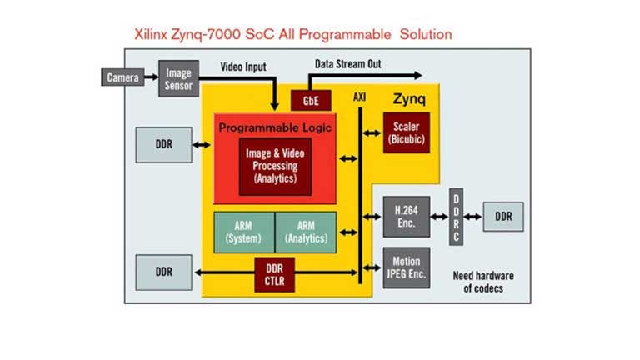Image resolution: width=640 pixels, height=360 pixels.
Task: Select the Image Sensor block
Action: tap(178, 79)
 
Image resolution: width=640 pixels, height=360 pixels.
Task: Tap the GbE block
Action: tap(311, 101)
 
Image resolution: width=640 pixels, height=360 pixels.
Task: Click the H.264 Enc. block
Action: tap(407, 217)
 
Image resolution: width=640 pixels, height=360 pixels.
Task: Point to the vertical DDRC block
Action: tap(456, 217)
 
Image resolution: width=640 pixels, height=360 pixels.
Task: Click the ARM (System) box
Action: tap(243, 232)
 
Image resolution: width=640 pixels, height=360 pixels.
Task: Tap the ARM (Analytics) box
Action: tap(306, 232)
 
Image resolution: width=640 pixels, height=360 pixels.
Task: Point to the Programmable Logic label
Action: tap(275, 127)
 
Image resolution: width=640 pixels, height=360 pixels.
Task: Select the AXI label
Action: tap(359, 97)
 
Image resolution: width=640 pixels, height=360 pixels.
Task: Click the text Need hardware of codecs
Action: tap(482, 282)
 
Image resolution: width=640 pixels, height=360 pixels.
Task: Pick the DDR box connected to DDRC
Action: tap(503, 217)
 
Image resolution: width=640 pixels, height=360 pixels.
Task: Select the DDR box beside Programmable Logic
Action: tap(163, 144)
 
